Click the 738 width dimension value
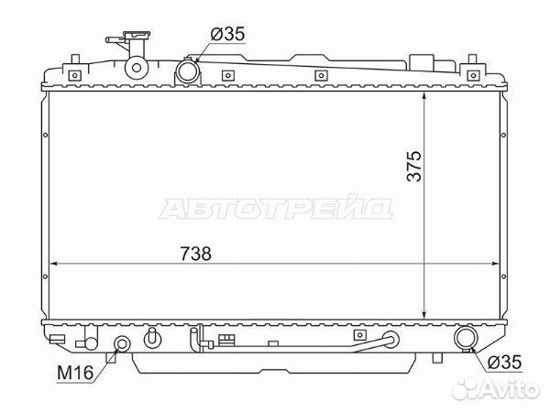[196, 254]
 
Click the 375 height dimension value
[414, 166]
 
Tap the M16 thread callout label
[75, 373]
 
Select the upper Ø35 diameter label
[227, 34]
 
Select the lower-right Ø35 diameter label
[504, 362]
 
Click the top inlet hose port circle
[188, 71]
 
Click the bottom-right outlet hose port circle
[466, 337]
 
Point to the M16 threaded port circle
[122, 343]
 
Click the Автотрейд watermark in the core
[276, 208]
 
